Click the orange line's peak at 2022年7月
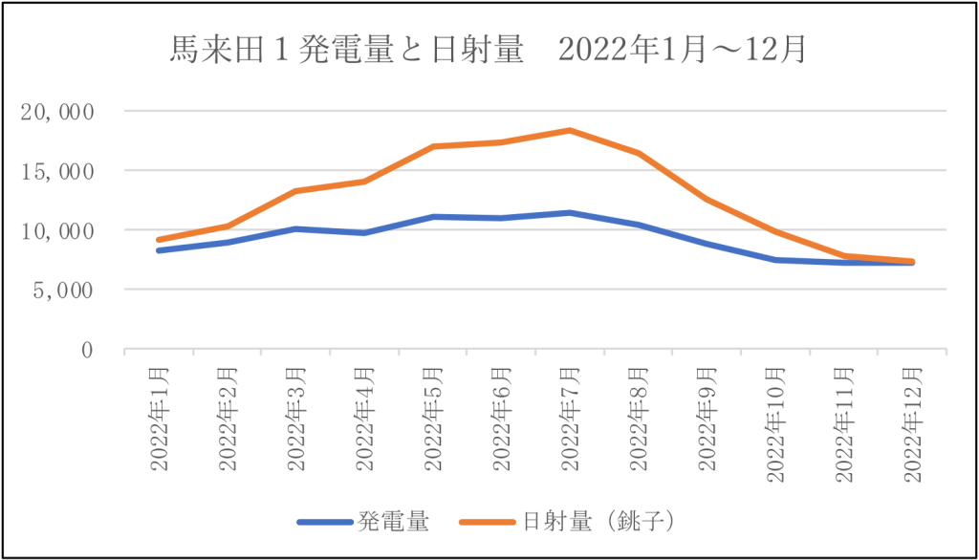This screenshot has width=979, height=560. tap(570, 130)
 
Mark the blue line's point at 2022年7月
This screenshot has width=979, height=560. tap(570, 212)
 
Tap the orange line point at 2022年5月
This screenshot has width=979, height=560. tap(433, 146)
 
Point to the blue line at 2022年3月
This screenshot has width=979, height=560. tap(296, 229)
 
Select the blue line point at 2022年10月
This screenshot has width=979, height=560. tap(775, 259)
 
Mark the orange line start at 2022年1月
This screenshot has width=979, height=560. tap(159, 240)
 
